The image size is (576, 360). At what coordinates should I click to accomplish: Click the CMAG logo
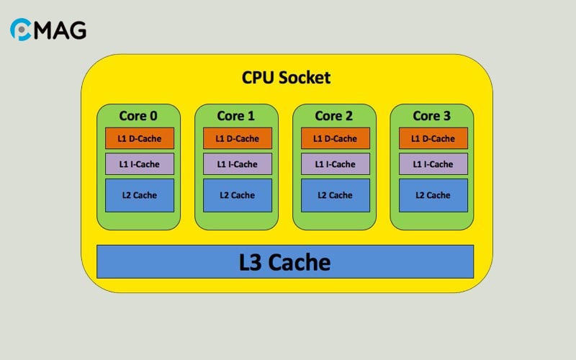[x=48, y=30]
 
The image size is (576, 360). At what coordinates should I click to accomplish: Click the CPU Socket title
[x=286, y=77]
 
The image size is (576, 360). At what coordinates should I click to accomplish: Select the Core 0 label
[x=138, y=115]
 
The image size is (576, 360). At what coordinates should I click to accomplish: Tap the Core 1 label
[x=236, y=115]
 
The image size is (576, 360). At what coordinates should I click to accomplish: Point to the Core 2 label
[x=334, y=115]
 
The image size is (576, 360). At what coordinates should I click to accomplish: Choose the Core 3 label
[x=432, y=115]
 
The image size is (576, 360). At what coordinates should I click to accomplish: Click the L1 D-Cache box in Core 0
[x=140, y=138]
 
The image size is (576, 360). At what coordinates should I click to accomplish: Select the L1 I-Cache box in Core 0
[x=140, y=164]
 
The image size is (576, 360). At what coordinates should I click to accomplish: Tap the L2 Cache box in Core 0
[x=140, y=195]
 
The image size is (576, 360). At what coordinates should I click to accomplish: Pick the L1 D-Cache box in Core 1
[x=238, y=138]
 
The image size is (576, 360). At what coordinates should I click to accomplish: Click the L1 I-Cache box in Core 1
[x=238, y=164]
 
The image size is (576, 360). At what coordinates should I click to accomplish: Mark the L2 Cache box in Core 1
[x=238, y=195]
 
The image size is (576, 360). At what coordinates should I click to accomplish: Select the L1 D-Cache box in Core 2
[x=336, y=138]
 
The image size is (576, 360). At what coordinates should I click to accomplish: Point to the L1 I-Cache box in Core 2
[x=336, y=164]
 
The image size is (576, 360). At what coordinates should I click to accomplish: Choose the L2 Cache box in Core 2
[x=336, y=195]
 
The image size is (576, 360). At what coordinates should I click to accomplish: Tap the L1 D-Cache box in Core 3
[x=433, y=138]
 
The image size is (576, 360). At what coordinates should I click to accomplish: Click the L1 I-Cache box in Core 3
[x=433, y=164]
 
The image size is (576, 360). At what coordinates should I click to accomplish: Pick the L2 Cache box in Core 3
[x=433, y=195]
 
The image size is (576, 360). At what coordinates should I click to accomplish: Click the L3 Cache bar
[x=285, y=261]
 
